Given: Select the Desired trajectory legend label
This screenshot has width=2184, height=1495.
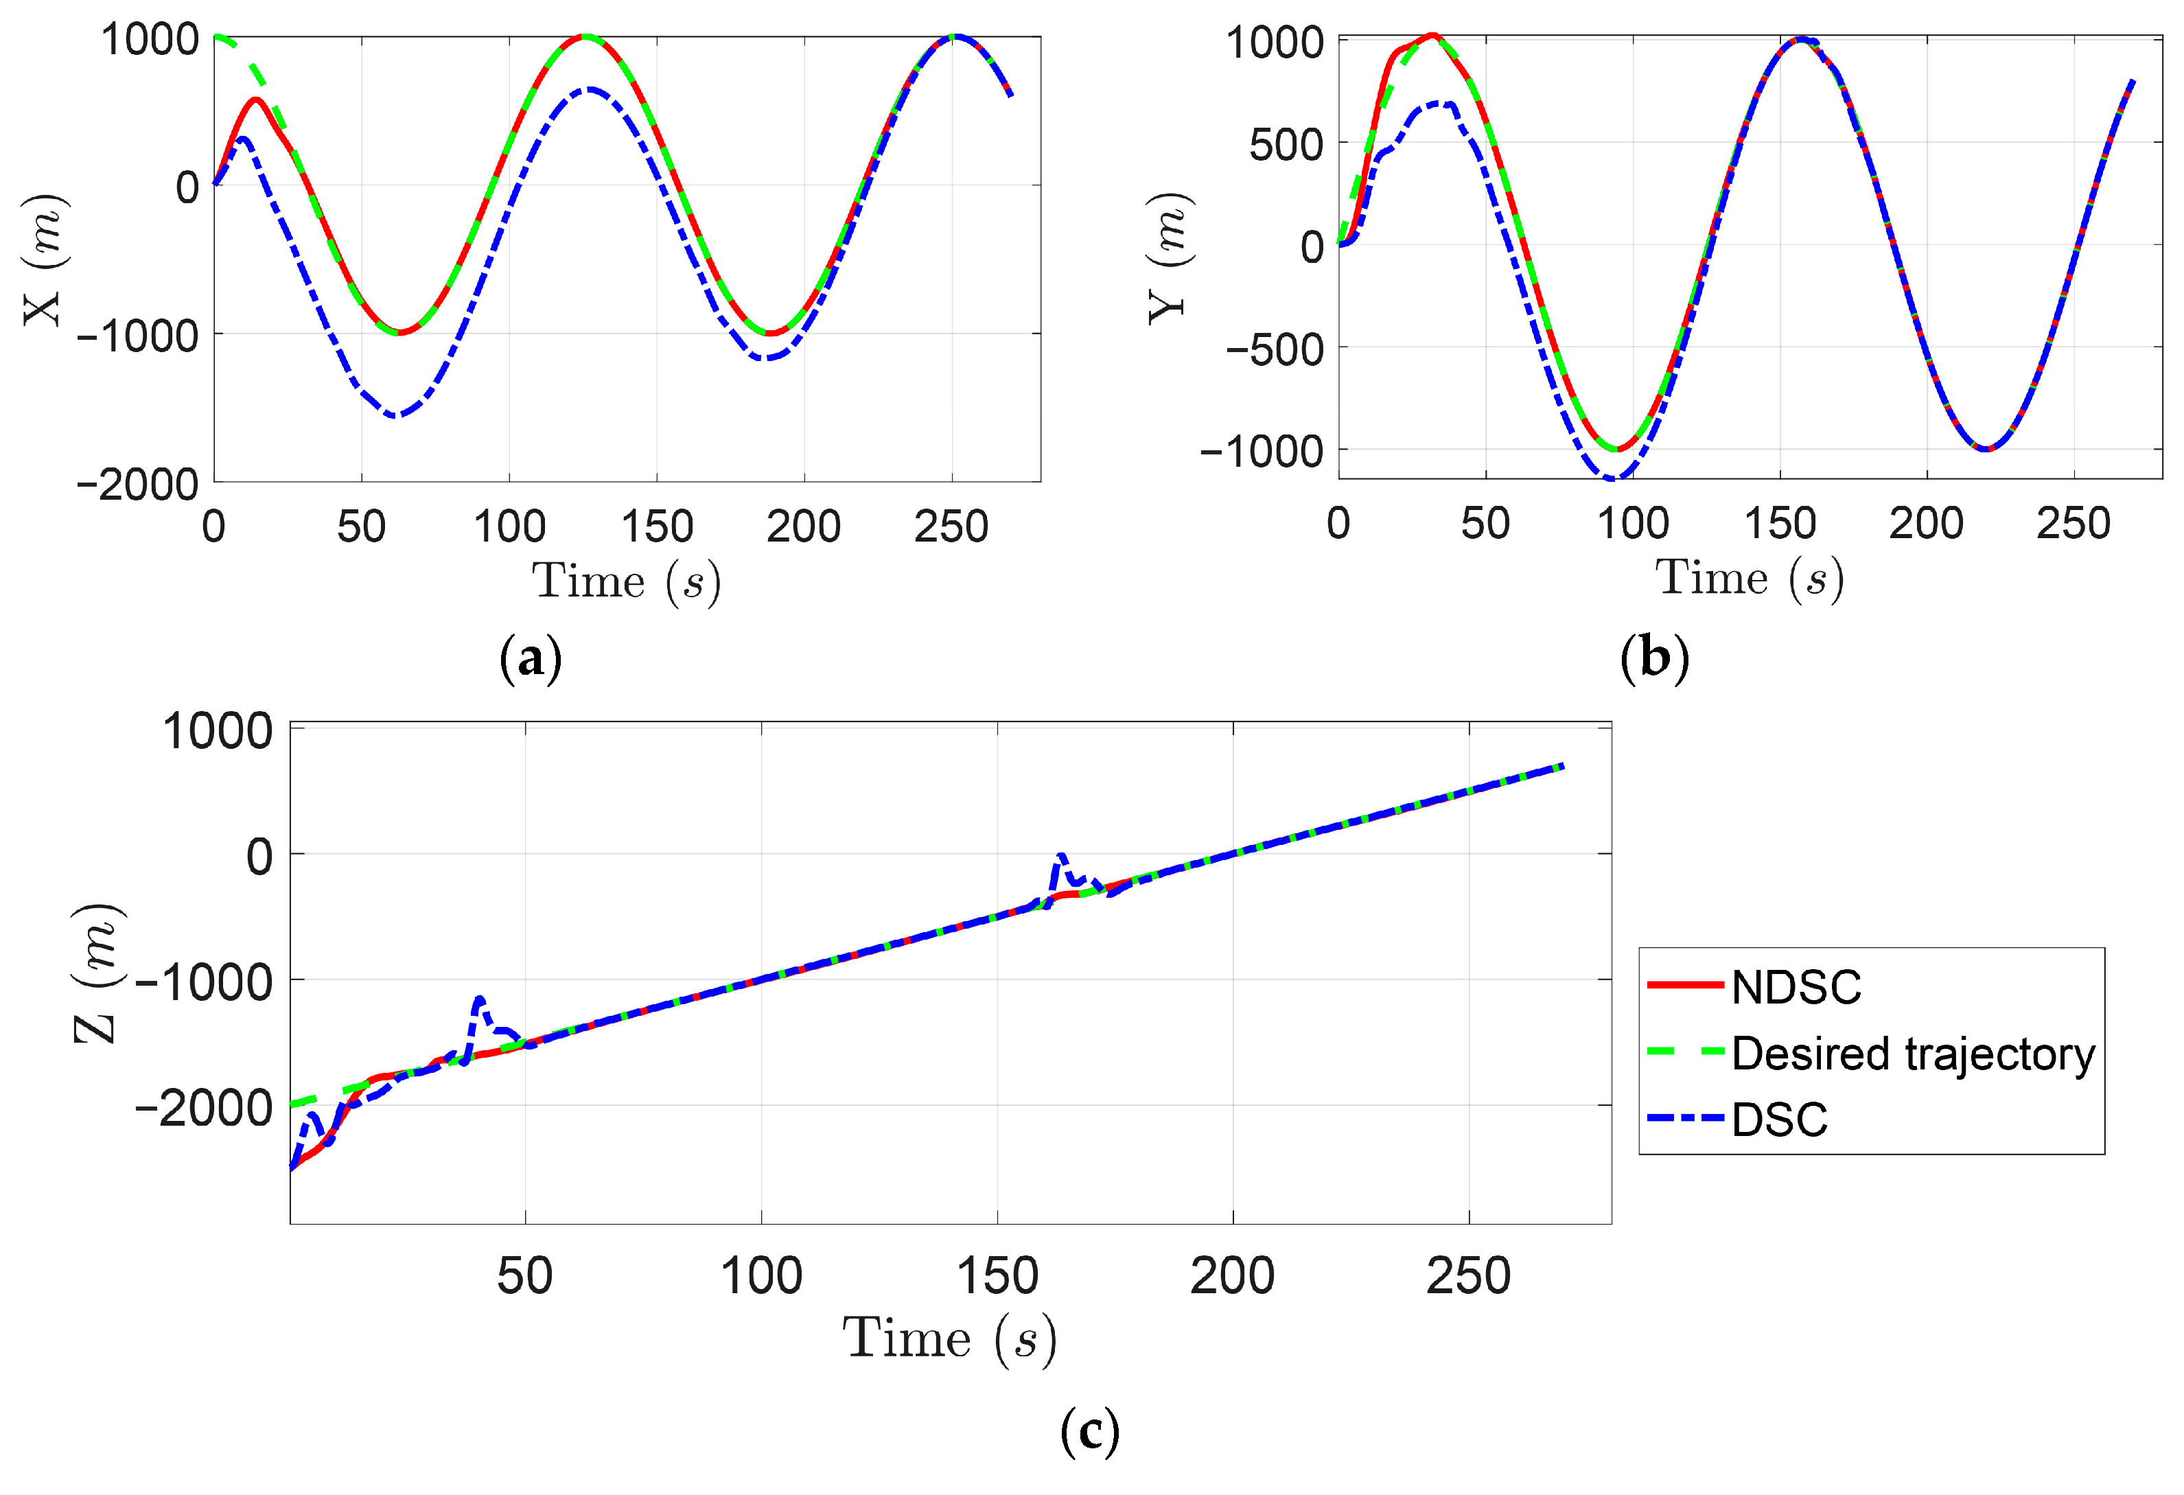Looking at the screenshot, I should (1912, 1054).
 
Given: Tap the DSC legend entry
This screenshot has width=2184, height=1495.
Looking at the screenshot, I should (1779, 1119).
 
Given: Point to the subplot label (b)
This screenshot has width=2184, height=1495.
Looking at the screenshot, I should (1655, 658).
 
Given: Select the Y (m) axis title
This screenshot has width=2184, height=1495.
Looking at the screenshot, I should (1169, 257).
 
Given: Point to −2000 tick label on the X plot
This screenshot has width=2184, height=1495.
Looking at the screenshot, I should (137, 485).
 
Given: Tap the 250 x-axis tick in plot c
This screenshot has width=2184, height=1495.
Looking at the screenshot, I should (1468, 1276).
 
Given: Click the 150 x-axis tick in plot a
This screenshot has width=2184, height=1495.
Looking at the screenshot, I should (657, 527).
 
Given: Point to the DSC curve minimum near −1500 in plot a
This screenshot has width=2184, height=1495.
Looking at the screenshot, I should (397, 415).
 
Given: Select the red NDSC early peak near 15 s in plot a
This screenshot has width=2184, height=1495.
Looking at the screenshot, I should (255, 99).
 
